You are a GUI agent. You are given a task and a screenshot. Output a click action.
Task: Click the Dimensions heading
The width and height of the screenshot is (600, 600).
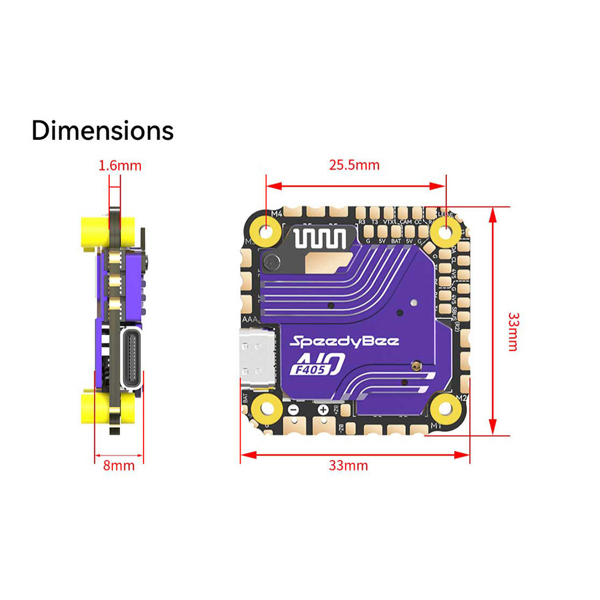coord(102,130)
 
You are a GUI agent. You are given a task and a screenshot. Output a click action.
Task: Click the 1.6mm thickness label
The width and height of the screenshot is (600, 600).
coord(120,165)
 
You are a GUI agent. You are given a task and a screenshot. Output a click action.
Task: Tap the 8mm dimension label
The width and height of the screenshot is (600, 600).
coord(119,465)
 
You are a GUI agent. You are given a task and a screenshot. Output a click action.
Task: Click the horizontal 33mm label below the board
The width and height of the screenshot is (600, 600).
coord(348,465)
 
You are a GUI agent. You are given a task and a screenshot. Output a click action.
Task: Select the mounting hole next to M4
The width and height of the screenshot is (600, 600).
coord(265,230)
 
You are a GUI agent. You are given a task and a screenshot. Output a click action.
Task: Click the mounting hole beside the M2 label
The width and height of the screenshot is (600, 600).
coord(445,408)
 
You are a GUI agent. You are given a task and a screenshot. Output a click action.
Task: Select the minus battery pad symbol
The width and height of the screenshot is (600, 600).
coord(293,410)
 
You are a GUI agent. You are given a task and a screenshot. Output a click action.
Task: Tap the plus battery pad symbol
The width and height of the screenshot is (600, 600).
coord(323,410)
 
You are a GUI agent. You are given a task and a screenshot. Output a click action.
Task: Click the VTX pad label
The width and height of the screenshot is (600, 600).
coord(389,221)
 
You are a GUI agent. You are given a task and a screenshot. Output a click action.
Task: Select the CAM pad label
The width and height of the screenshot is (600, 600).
coord(406,221)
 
